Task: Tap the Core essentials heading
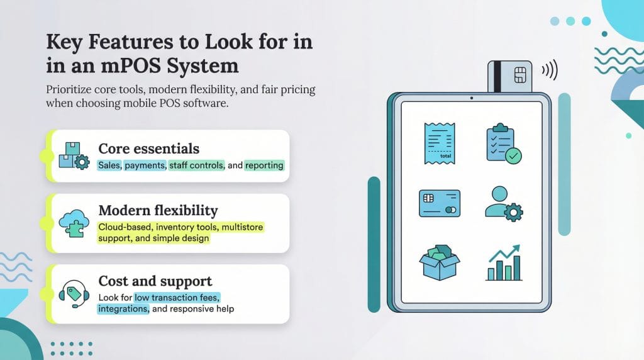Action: click(148, 149)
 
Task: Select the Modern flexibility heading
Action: click(157, 210)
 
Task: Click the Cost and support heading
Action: click(155, 281)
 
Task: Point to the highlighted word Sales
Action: click(110, 165)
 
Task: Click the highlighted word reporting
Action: click(264, 165)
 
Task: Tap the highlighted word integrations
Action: click(123, 309)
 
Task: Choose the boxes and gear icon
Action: click(73, 155)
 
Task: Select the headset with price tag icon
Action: click(72, 292)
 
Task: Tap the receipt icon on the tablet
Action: click(440, 143)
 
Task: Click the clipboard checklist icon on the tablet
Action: click(503, 144)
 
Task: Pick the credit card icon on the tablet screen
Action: click(440, 203)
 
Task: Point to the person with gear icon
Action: click(503, 203)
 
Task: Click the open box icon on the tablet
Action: click(439, 262)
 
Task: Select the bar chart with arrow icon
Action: click(503, 262)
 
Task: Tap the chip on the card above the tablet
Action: click(520, 73)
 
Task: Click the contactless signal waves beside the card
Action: click(549, 69)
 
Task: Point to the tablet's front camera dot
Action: click(471, 98)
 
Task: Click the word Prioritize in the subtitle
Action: click(69, 90)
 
